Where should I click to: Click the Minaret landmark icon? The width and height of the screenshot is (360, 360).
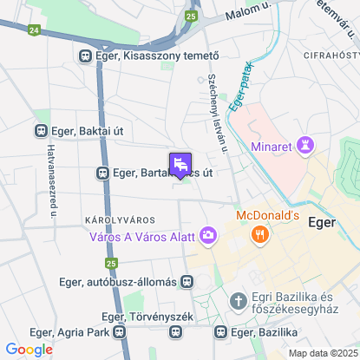[305, 145]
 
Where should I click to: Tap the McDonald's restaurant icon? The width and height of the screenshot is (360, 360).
[259, 234]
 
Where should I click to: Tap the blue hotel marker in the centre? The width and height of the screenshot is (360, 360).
[180, 165]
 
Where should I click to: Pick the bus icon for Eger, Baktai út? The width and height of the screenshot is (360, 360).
[40, 131]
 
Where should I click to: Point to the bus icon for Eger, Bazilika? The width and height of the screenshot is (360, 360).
[221, 331]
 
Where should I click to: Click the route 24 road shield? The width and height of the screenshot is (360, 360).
[33, 29]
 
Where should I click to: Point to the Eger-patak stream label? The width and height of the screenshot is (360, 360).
[241, 93]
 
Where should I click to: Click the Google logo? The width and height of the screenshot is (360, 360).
[29, 349]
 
